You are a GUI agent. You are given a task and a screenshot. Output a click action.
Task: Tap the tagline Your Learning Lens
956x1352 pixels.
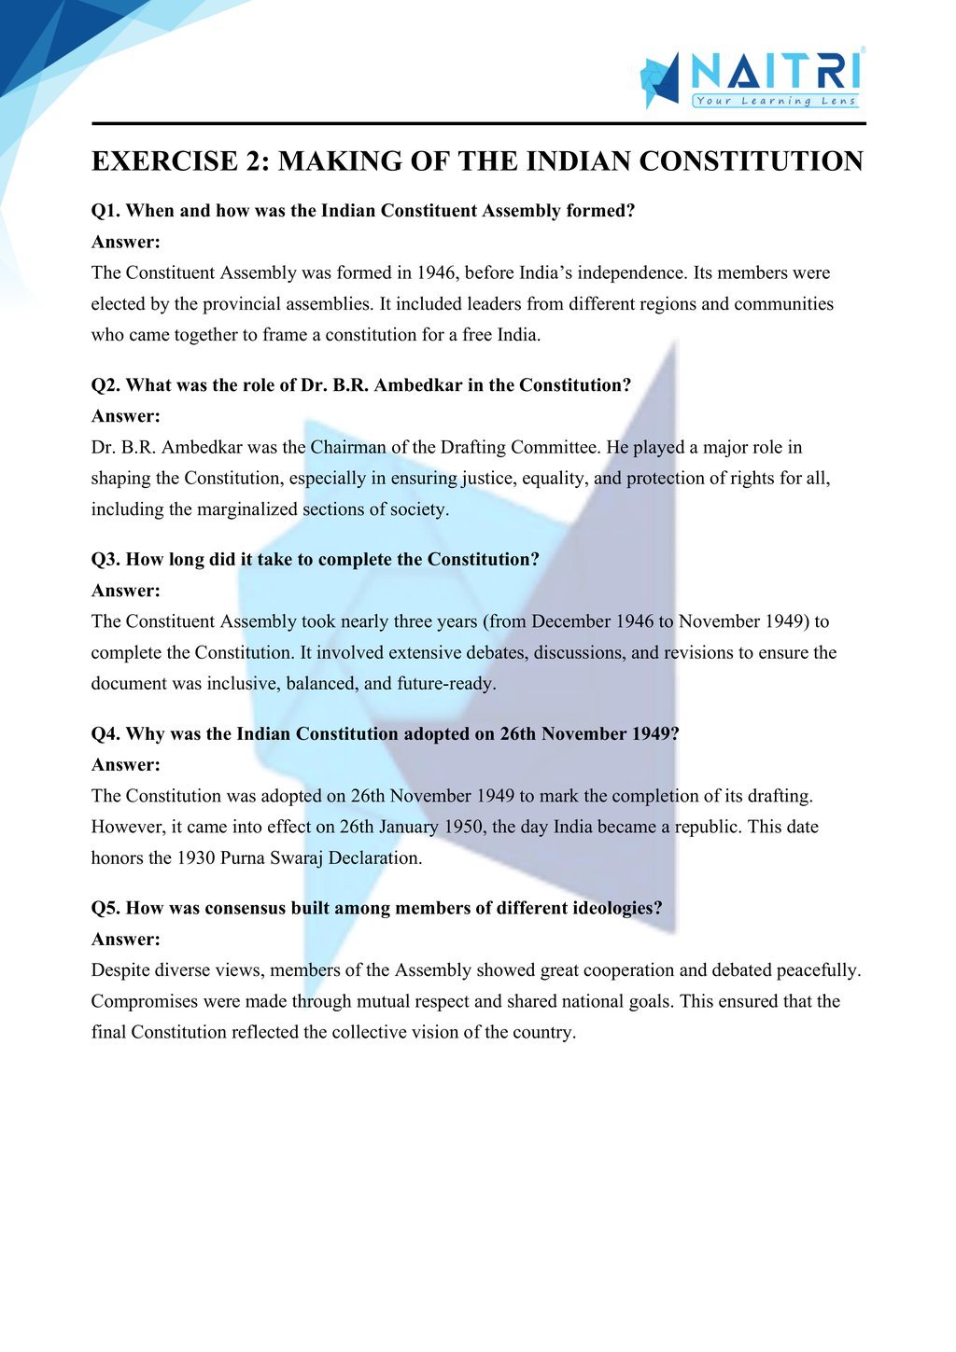pos(775,101)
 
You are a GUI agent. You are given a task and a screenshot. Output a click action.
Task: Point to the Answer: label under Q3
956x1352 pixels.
pos(126,591)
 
